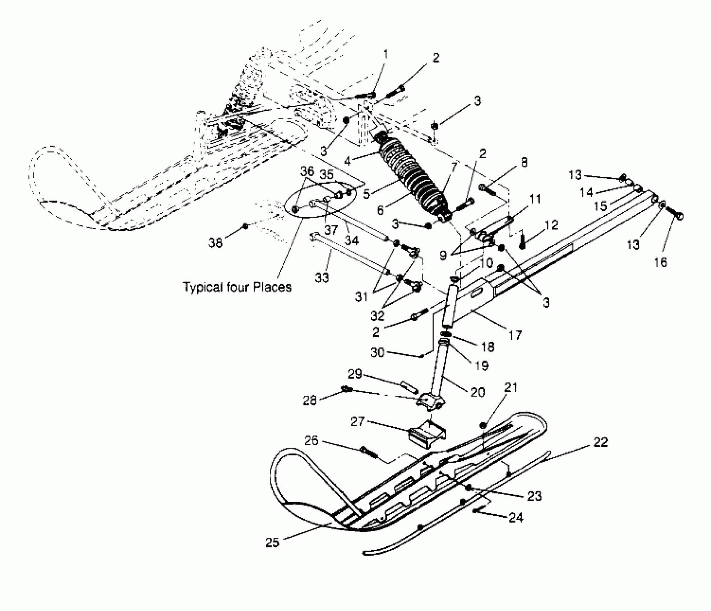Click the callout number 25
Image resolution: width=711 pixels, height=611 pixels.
click(272, 542)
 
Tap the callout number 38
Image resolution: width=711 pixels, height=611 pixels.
click(216, 243)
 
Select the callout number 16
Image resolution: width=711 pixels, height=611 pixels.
click(660, 262)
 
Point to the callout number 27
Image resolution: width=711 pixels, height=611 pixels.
click(358, 421)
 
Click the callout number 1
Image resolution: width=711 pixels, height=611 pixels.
click(386, 55)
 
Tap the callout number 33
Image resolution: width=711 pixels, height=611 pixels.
click(322, 277)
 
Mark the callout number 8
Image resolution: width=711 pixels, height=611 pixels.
click(524, 162)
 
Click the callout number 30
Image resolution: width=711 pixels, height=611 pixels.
click(378, 353)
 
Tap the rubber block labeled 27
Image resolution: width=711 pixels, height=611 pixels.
click(428, 436)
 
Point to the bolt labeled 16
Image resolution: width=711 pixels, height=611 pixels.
click(674, 212)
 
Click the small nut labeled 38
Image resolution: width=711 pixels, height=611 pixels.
click(245, 226)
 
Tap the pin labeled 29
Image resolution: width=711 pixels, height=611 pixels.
click(409, 387)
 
